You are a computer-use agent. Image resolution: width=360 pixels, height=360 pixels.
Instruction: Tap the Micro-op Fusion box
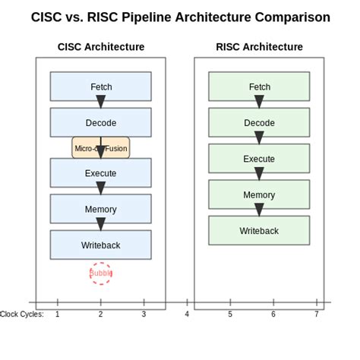coord(100,148)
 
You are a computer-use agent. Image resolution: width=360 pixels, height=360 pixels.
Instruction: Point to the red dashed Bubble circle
coord(100,273)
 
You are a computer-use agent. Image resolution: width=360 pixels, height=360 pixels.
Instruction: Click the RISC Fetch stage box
coord(259,87)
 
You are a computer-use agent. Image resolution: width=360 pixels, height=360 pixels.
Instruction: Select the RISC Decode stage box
coord(259,122)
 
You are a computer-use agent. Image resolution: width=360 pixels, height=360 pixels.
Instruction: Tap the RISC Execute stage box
coord(259,159)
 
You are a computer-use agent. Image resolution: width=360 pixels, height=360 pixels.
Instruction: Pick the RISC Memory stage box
coord(259,194)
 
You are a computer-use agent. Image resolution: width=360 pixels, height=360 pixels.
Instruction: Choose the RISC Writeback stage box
coord(259,230)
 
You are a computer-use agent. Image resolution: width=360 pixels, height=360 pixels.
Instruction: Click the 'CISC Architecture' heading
coord(101,46)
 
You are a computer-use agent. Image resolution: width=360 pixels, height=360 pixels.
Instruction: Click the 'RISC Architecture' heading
coord(259,46)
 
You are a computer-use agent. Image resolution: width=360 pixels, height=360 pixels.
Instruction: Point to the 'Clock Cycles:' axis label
coord(22,314)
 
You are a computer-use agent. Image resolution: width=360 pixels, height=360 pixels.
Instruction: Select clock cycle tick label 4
coord(187,314)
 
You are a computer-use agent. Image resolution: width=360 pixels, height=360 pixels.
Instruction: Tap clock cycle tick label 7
coord(317,314)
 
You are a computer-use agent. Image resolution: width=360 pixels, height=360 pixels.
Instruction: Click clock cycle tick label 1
coord(58,314)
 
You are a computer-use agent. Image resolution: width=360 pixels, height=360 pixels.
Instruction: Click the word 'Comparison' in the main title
coord(292,17)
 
